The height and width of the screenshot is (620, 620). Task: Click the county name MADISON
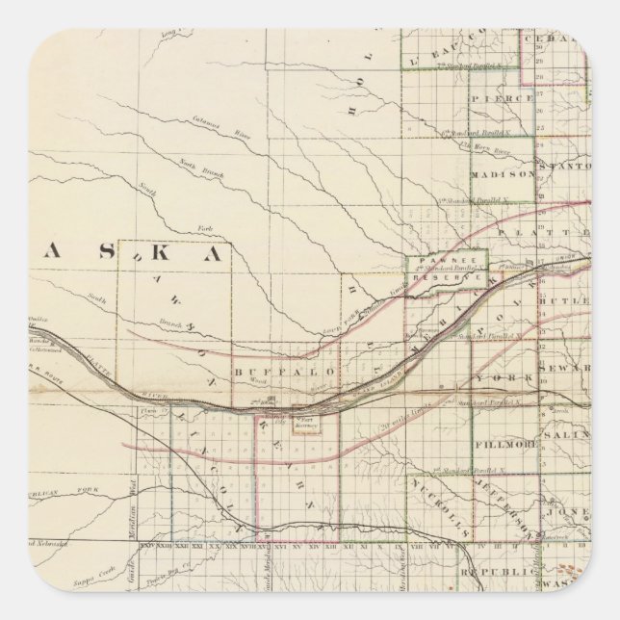[503, 174]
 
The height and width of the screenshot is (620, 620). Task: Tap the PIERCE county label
[503, 98]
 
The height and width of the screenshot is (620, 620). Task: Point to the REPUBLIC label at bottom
[497, 571]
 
